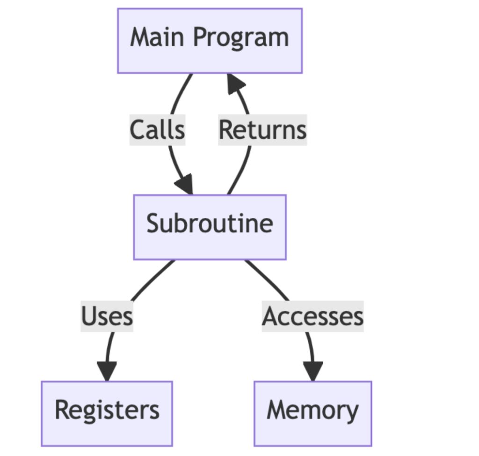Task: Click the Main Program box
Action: pos(210,41)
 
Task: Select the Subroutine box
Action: pos(210,227)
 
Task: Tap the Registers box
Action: pos(107,413)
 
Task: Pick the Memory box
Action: pos(312,413)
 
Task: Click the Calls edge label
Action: pos(157,130)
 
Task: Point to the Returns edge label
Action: pos(262,130)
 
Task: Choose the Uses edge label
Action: pos(107,316)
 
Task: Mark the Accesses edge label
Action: pos(312,316)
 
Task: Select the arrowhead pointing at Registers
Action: pos(107,371)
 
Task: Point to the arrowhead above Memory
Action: pos(312,371)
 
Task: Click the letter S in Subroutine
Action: pos(153,224)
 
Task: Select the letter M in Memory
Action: pos(277,410)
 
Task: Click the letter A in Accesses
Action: pos(271,316)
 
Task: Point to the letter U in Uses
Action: pos(89,316)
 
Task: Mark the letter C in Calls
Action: pos(138,130)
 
